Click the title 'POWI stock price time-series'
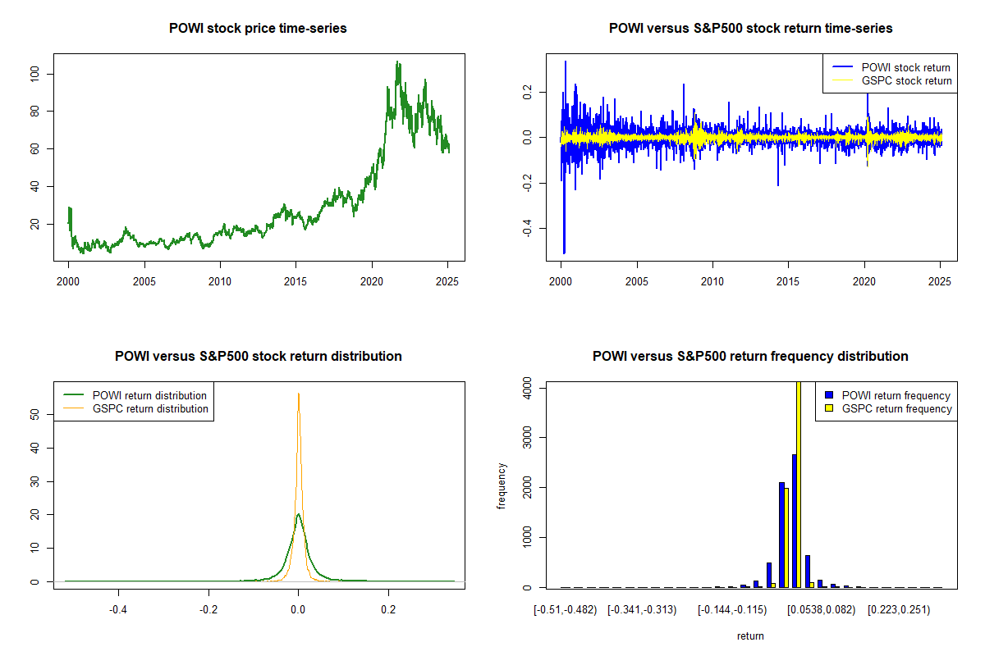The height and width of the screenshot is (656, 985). [258, 29]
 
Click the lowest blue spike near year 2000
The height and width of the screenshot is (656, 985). [564, 253]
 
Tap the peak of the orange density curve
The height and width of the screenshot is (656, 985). [299, 394]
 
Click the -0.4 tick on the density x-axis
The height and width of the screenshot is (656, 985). [118, 610]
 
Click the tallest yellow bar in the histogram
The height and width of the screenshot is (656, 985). [799, 484]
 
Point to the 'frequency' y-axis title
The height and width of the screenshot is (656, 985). [502, 486]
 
